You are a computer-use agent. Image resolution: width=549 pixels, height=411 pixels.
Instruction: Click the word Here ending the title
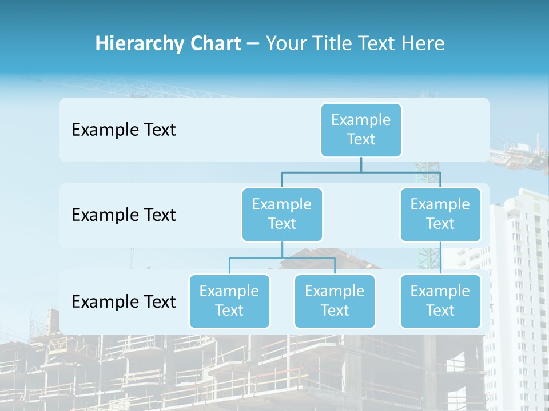pos(422,44)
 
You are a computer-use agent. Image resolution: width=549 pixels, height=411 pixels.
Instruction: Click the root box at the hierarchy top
pos(361,130)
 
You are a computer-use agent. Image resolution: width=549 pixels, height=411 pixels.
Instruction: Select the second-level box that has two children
pos(282,214)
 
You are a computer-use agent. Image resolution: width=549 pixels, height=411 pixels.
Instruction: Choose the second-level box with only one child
pos(440,214)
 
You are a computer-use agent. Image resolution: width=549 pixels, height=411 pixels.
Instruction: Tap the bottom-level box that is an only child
pos(440,301)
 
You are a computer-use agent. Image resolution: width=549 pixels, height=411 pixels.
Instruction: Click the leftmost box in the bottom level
pos(229,301)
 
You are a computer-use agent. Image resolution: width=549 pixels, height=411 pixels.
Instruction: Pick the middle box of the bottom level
pos(335,301)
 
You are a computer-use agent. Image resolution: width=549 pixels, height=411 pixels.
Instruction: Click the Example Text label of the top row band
pos(124,130)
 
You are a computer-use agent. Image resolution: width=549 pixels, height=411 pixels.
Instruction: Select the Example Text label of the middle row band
pos(124,215)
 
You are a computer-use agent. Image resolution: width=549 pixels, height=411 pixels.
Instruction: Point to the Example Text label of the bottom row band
pos(124,301)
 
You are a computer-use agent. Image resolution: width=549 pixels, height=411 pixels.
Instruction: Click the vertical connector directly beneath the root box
pos(361,164)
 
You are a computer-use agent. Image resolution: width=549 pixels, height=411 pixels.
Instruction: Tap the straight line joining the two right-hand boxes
pos(440,258)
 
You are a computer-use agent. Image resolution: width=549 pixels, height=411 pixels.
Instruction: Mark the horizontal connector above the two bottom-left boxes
pos(282,258)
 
